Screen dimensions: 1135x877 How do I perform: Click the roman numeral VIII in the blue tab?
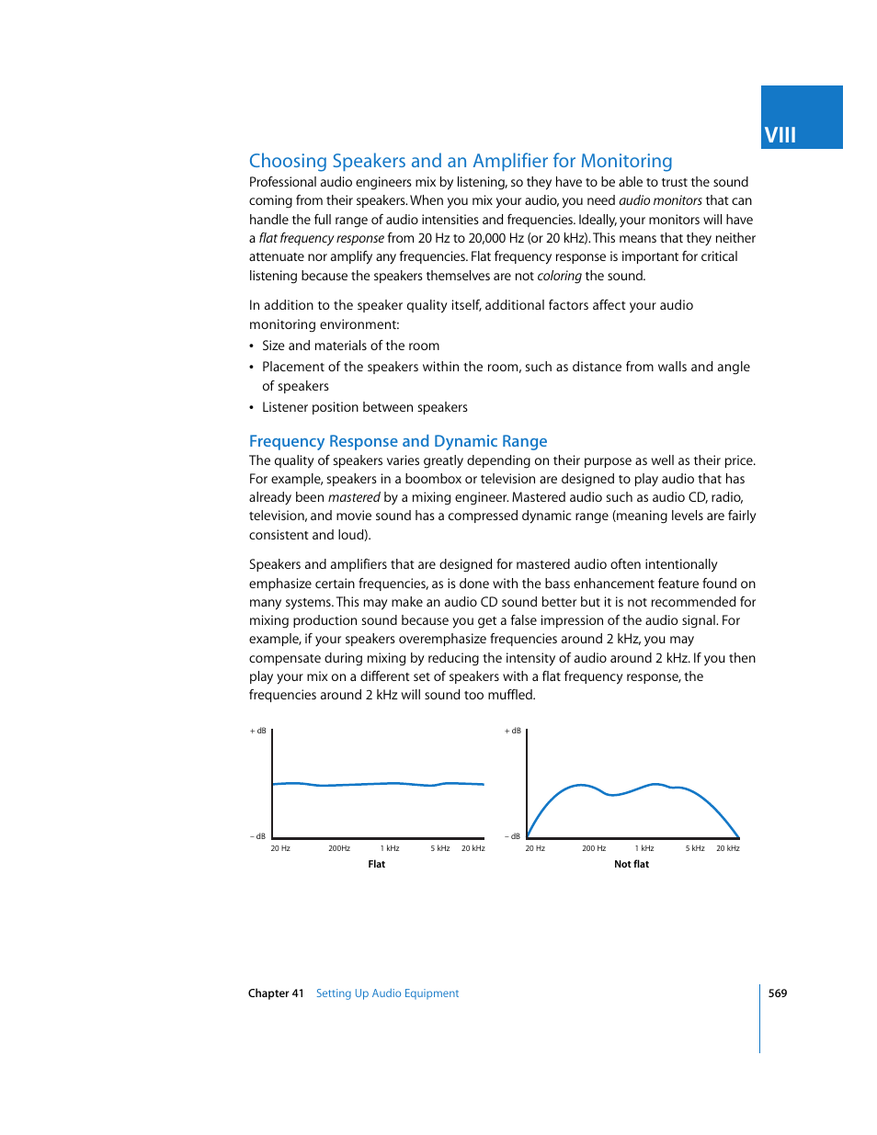(780, 135)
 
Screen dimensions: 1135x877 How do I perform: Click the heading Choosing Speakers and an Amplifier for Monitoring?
(461, 161)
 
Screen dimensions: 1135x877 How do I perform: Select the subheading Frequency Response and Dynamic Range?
(398, 441)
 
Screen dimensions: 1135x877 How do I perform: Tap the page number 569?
(778, 993)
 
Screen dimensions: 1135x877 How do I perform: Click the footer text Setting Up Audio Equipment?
(387, 993)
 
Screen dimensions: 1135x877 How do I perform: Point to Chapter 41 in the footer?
(276, 993)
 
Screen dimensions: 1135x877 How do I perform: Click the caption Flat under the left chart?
(377, 864)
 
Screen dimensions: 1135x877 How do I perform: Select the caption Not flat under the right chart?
(632, 864)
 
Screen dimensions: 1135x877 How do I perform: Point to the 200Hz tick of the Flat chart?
(339, 848)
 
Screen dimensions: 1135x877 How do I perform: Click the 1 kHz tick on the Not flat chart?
(644, 848)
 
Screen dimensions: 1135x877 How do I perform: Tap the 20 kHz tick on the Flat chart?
(473, 848)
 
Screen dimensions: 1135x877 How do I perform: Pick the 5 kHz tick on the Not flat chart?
(695, 848)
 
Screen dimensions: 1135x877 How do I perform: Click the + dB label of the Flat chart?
(258, 731)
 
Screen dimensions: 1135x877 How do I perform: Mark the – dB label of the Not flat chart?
(513, 836)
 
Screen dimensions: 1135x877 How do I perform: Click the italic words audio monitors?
(660, 200)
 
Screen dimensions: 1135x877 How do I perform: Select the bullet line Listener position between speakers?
(364, 407)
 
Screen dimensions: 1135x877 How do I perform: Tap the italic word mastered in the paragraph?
(354, 497)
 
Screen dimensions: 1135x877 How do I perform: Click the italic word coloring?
(559, 276)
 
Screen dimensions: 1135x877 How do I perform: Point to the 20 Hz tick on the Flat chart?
(280, 848)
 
